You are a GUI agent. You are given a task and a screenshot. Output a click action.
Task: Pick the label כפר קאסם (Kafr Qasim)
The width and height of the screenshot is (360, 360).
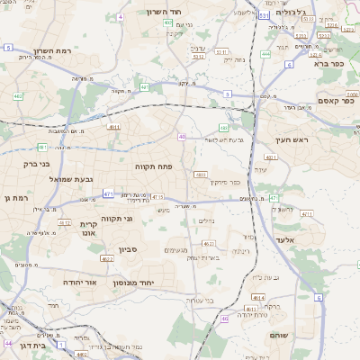(x=334, y=101)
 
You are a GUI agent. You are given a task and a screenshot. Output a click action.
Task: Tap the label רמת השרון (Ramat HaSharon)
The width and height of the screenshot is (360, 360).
(x=50, y=51)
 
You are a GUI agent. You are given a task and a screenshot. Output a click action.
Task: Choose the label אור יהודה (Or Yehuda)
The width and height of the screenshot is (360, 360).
(x=79, y=282)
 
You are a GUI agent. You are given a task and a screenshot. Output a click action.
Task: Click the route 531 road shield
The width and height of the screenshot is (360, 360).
(x=263, y=14)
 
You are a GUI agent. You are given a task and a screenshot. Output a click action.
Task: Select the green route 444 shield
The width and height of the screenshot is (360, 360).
(x=265, y=54)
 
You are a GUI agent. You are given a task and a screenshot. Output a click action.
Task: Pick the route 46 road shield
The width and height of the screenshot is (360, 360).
(x=224, y=318)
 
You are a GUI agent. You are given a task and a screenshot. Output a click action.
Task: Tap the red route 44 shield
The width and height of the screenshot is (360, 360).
(x=8, y=343)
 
